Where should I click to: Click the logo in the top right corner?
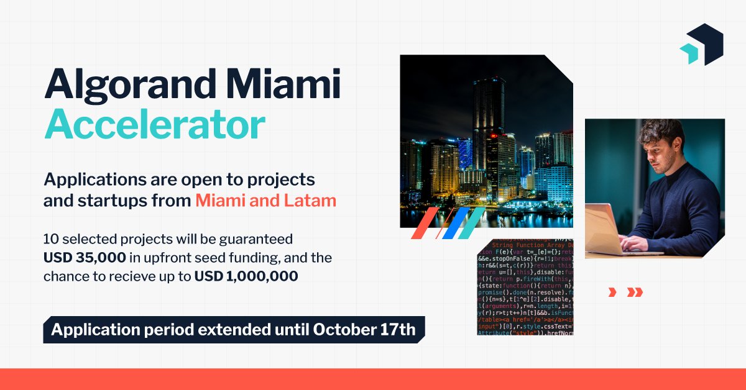pyautogui.click(x=701, y=45)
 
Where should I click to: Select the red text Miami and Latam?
pyautogui.click(x=265, y=201)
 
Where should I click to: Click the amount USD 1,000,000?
pyautogui.click(x=246, y=276)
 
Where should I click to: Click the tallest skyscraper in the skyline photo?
pyautogui.click(x=489, y=118)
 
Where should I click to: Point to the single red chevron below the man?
pyautogui.click(x=612, y=292)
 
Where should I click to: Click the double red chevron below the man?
pyautogui.click(x=635, y=292)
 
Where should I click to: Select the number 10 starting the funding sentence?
pyautogui.click(x=50, y=238)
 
